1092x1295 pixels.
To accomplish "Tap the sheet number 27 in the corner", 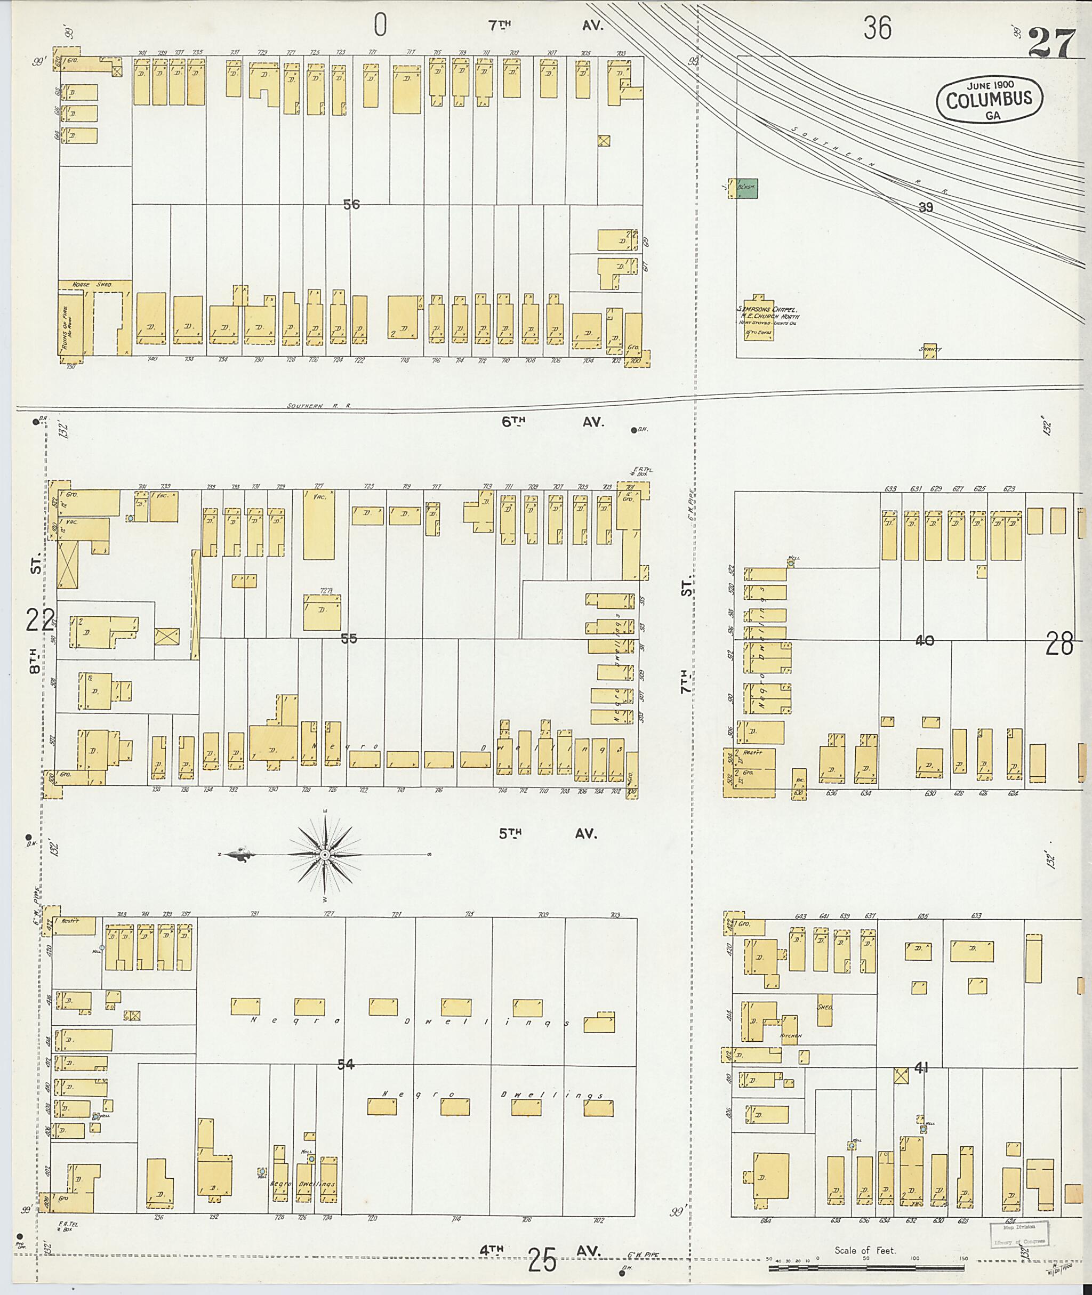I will [x=1053, y=45].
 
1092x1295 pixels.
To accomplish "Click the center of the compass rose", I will [x=324, y=854].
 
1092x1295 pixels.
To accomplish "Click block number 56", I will [x=351, y=204].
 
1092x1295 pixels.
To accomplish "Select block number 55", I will [x=349, y=638].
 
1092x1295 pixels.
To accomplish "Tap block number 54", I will [x=346, y=1064].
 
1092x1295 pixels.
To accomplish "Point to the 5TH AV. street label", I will [x=548, y=833].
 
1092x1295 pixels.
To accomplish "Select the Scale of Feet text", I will [x=865, y=1250].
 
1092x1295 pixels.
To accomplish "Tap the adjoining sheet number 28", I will [x=1059, y=646].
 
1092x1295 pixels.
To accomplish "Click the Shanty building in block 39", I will [x=930, y=350].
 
